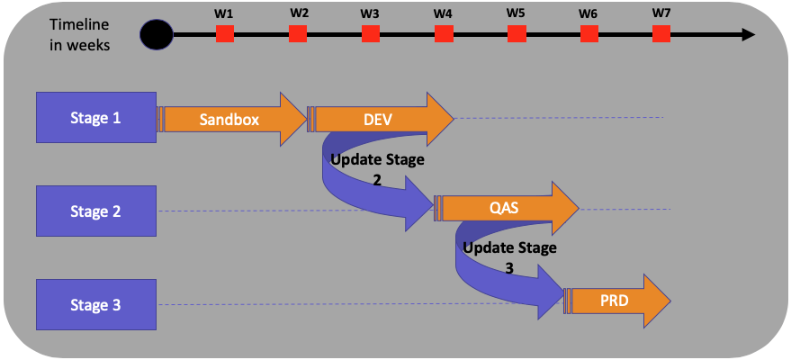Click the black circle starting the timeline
pyautogui.click(x=157, y=35)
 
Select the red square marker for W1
pyautogui.click(x=225, y=34)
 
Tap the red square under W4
pyautogui.click(x=444, y=34)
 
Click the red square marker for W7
pyautogui.click(x=661, y=34)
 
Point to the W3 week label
pyautogui.click(x=369, y=13)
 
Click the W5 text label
pyautogui.click(x=515, y=13)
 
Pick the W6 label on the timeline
pyautogui.click(x=588, y=13)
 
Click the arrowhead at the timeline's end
pyautogui.click(x=748, y=35)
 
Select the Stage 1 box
pyautogui.click(x=96, y=117)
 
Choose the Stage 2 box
pyautogui.click(x=96, y=211)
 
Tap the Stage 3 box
pyautogui.click(x=96, y=305)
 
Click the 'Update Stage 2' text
pyautogui.click(x=376, y=168)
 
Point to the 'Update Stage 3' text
pyautogui.click(x=509, y=256)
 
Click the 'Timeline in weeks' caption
pyautogui.click(x=81, y=35)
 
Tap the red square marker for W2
pyautogui.click(x=298, y=34)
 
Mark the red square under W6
pyautogui.click(x=589, y=34)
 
